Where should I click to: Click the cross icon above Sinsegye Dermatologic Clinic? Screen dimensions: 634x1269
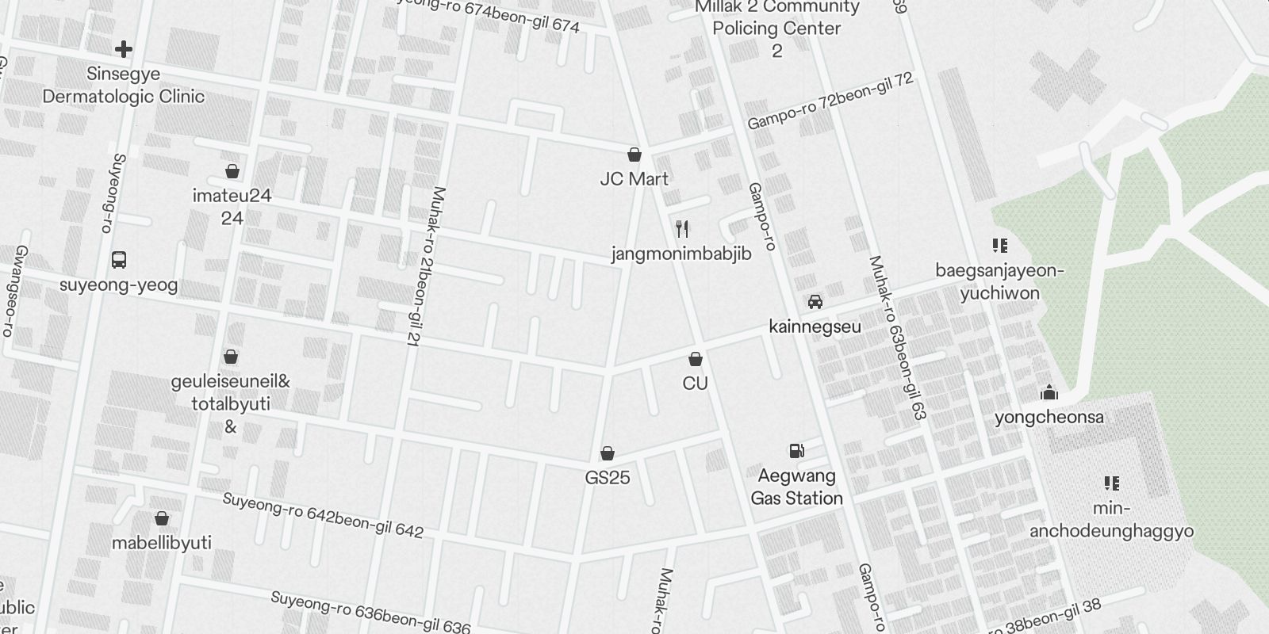pos(123,49)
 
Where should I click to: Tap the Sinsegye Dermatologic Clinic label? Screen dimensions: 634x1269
pos(123,86)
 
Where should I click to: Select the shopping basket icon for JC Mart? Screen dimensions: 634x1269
pos(634,155)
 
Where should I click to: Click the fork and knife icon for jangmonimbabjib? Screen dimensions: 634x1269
pos(682,230)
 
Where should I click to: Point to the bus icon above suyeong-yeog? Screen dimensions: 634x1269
pos(119,260)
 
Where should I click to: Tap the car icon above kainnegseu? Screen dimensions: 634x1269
pos(815,302)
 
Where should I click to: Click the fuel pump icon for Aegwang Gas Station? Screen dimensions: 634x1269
pos(796,451)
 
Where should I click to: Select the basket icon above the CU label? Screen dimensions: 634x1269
pos(696,359)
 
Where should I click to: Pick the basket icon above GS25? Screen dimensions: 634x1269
pos(608,453)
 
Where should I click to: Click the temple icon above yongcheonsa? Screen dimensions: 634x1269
pos(1049,393)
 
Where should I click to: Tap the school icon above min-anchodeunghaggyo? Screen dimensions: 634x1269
pos(1111,483)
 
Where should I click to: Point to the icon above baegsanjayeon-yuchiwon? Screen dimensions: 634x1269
pos(999,246)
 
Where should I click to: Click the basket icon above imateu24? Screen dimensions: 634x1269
pos(232,171)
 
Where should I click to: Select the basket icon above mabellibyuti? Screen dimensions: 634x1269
pos(162,518)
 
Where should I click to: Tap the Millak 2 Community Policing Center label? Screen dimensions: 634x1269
pos(776,29)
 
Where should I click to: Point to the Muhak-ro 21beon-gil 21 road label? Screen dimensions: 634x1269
pos(425,265)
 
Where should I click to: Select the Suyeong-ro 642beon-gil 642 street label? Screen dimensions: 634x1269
pos(323,515)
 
